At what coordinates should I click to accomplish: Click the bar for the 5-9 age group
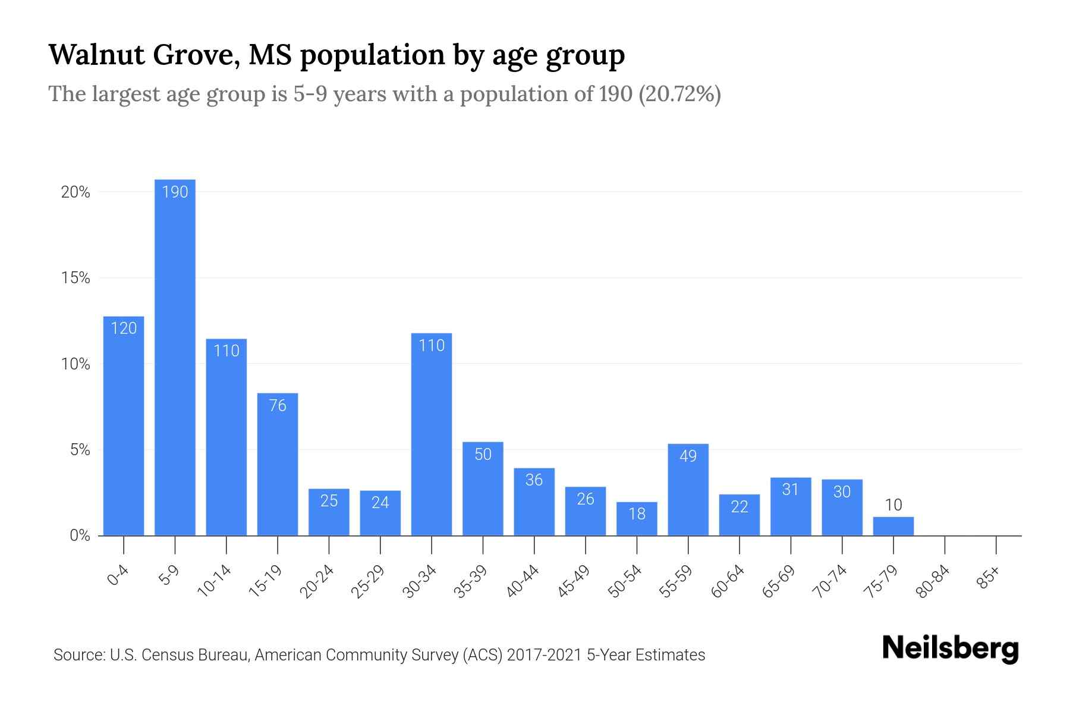(x=175, y=357)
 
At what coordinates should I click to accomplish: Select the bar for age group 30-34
(x=432, y=434)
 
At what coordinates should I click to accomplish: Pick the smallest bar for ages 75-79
(x=893, y=526)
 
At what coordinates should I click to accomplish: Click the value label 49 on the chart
(x=688, y=456)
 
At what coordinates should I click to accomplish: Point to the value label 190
(x=175, y=192)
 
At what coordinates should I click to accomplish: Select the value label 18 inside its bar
(x=637, y=513)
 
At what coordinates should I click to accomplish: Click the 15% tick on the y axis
(x=75, y=278)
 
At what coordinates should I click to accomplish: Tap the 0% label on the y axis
(x=80, y=535)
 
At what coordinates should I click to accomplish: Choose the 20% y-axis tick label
(x=75, y=192)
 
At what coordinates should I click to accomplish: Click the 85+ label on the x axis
(x=989, y=578)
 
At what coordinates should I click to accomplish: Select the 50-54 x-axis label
(x=625, y=581)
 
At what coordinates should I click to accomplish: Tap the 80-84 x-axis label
(x=933, y=581)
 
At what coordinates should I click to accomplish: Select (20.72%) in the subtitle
(x=679, y=94)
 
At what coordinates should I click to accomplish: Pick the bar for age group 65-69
(x=791, y=507)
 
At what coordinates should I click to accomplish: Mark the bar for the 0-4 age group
(x=124, y=425)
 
